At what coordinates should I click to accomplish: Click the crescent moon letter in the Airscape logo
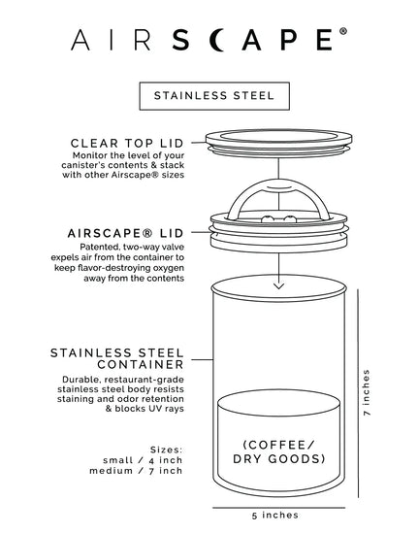click(x=216, y=40)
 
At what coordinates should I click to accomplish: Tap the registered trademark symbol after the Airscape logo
click(x=342, y=31)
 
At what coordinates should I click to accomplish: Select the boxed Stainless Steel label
click(x=214, y=96)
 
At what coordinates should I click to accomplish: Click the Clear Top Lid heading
click(x=127, y=143)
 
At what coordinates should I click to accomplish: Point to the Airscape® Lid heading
click(x=125, y=233)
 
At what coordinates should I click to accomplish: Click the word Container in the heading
click(x=141, y=364)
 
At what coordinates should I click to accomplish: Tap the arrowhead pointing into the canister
click(x=279, y=285)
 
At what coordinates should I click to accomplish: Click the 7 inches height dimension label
click(x=367, y=392)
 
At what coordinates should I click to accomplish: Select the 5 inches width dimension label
click(x=275, y=515)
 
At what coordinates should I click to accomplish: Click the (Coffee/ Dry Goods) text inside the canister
click(x=279, y=451)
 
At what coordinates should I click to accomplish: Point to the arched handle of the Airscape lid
click(x=279, y=197)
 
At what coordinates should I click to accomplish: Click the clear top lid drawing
click(x=279, y=143)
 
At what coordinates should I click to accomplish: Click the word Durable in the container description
click(x=81, y=380)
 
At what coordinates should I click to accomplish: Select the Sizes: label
click(x=166, y=450)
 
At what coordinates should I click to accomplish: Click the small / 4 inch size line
click(x=143, y=460)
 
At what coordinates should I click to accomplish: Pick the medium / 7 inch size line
click(x=136, y=471)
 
